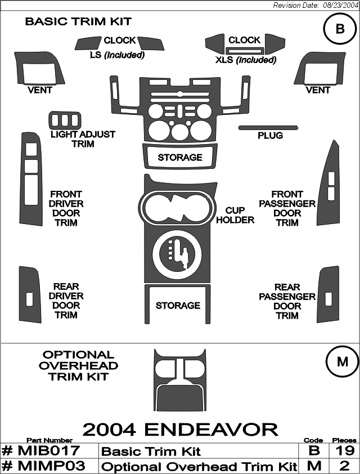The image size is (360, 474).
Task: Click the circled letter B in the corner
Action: (340, 29)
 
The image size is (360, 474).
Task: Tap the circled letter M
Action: (342, 362)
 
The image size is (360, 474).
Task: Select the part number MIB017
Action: (40, 451)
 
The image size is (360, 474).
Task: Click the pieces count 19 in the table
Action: (344, 451)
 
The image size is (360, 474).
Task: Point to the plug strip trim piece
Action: (268, 128)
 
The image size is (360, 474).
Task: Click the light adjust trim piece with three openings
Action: (65, 120)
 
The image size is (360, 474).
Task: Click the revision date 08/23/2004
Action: (340, 6)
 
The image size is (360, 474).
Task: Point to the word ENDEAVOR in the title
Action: (211, 430)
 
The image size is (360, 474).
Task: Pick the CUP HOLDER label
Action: (235, 215)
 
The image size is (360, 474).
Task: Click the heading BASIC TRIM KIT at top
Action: (78, 21)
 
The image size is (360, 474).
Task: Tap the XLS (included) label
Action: (246, 60)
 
